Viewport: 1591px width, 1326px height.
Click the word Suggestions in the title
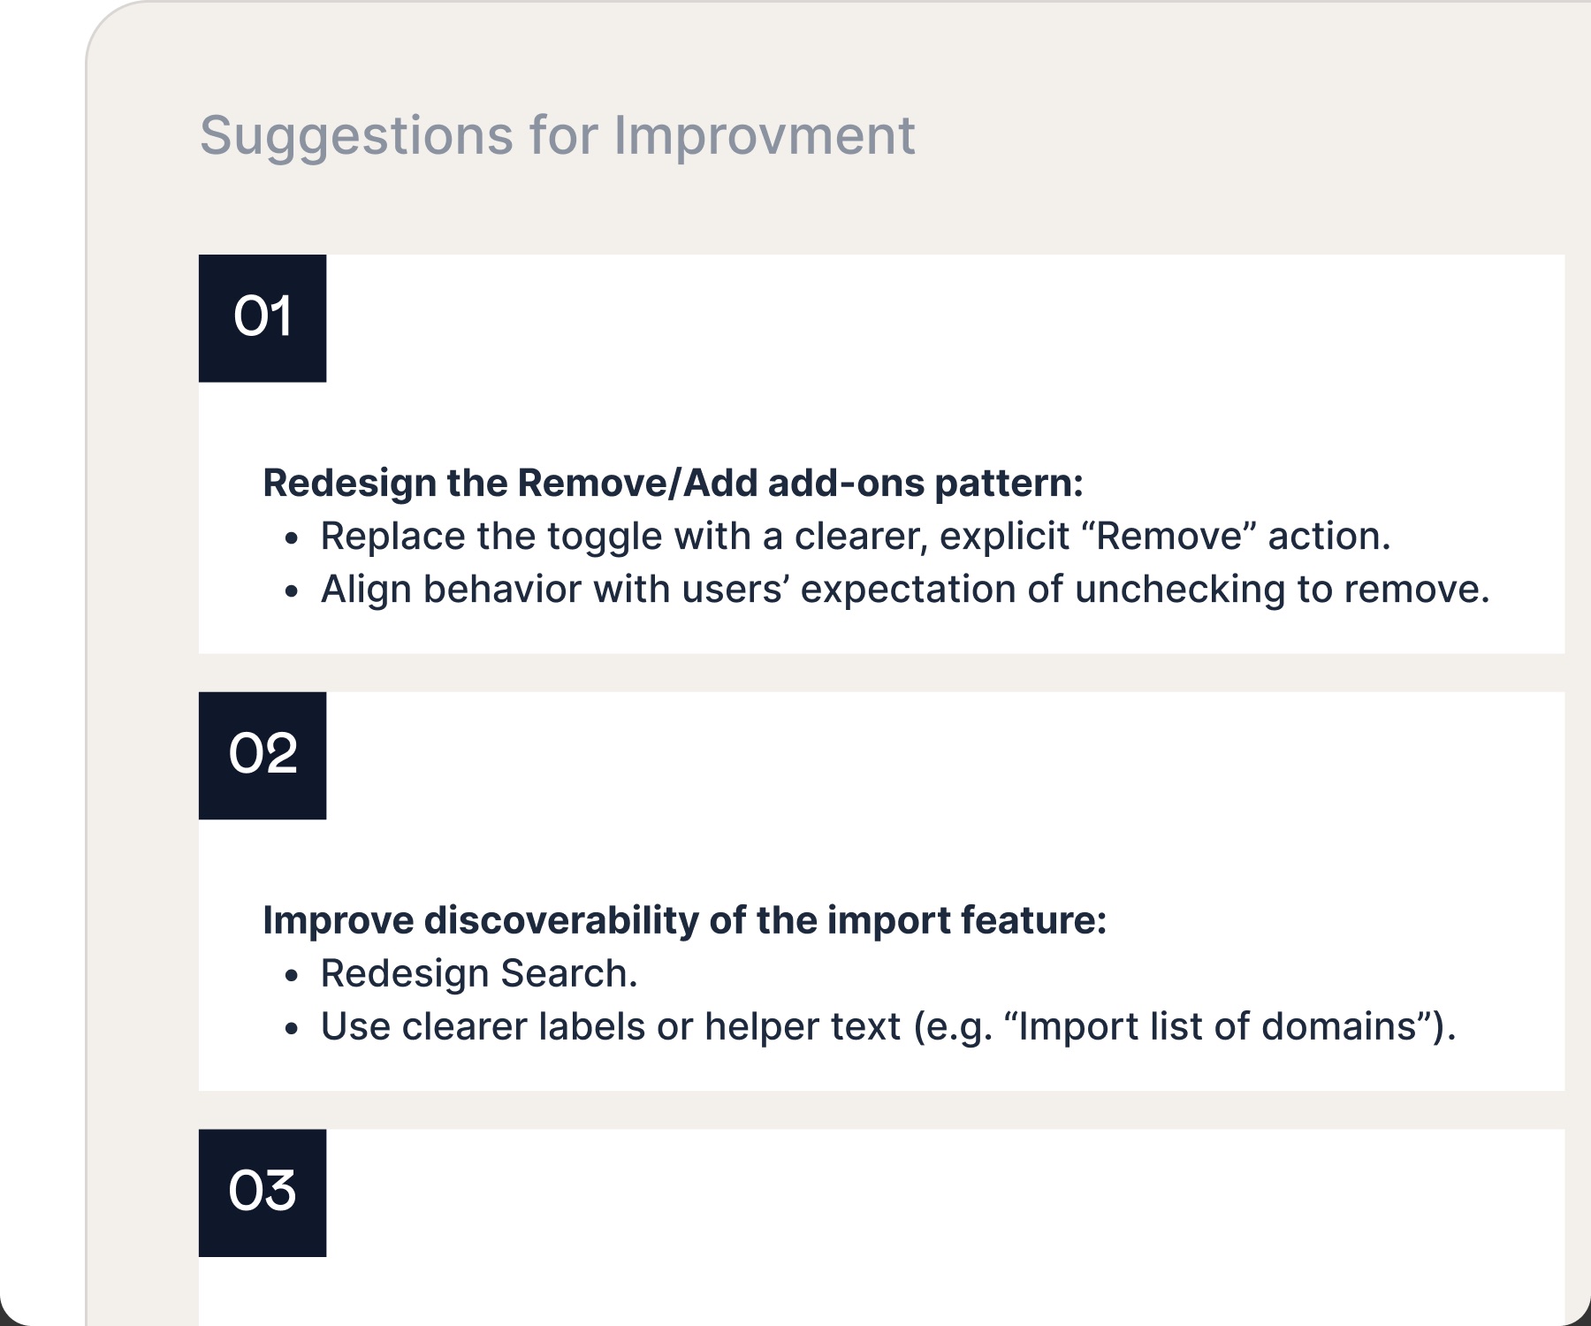pos(356,138)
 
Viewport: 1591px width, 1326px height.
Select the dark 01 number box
pos(263,318)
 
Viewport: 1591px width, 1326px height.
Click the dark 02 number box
pos(263,756)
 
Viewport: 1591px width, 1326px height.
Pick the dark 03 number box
pos(263,1193)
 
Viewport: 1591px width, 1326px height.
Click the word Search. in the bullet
pos(569,973)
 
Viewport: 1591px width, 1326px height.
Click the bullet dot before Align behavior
pos(293,591)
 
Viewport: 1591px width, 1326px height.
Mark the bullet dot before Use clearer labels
pos(293,1028)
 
